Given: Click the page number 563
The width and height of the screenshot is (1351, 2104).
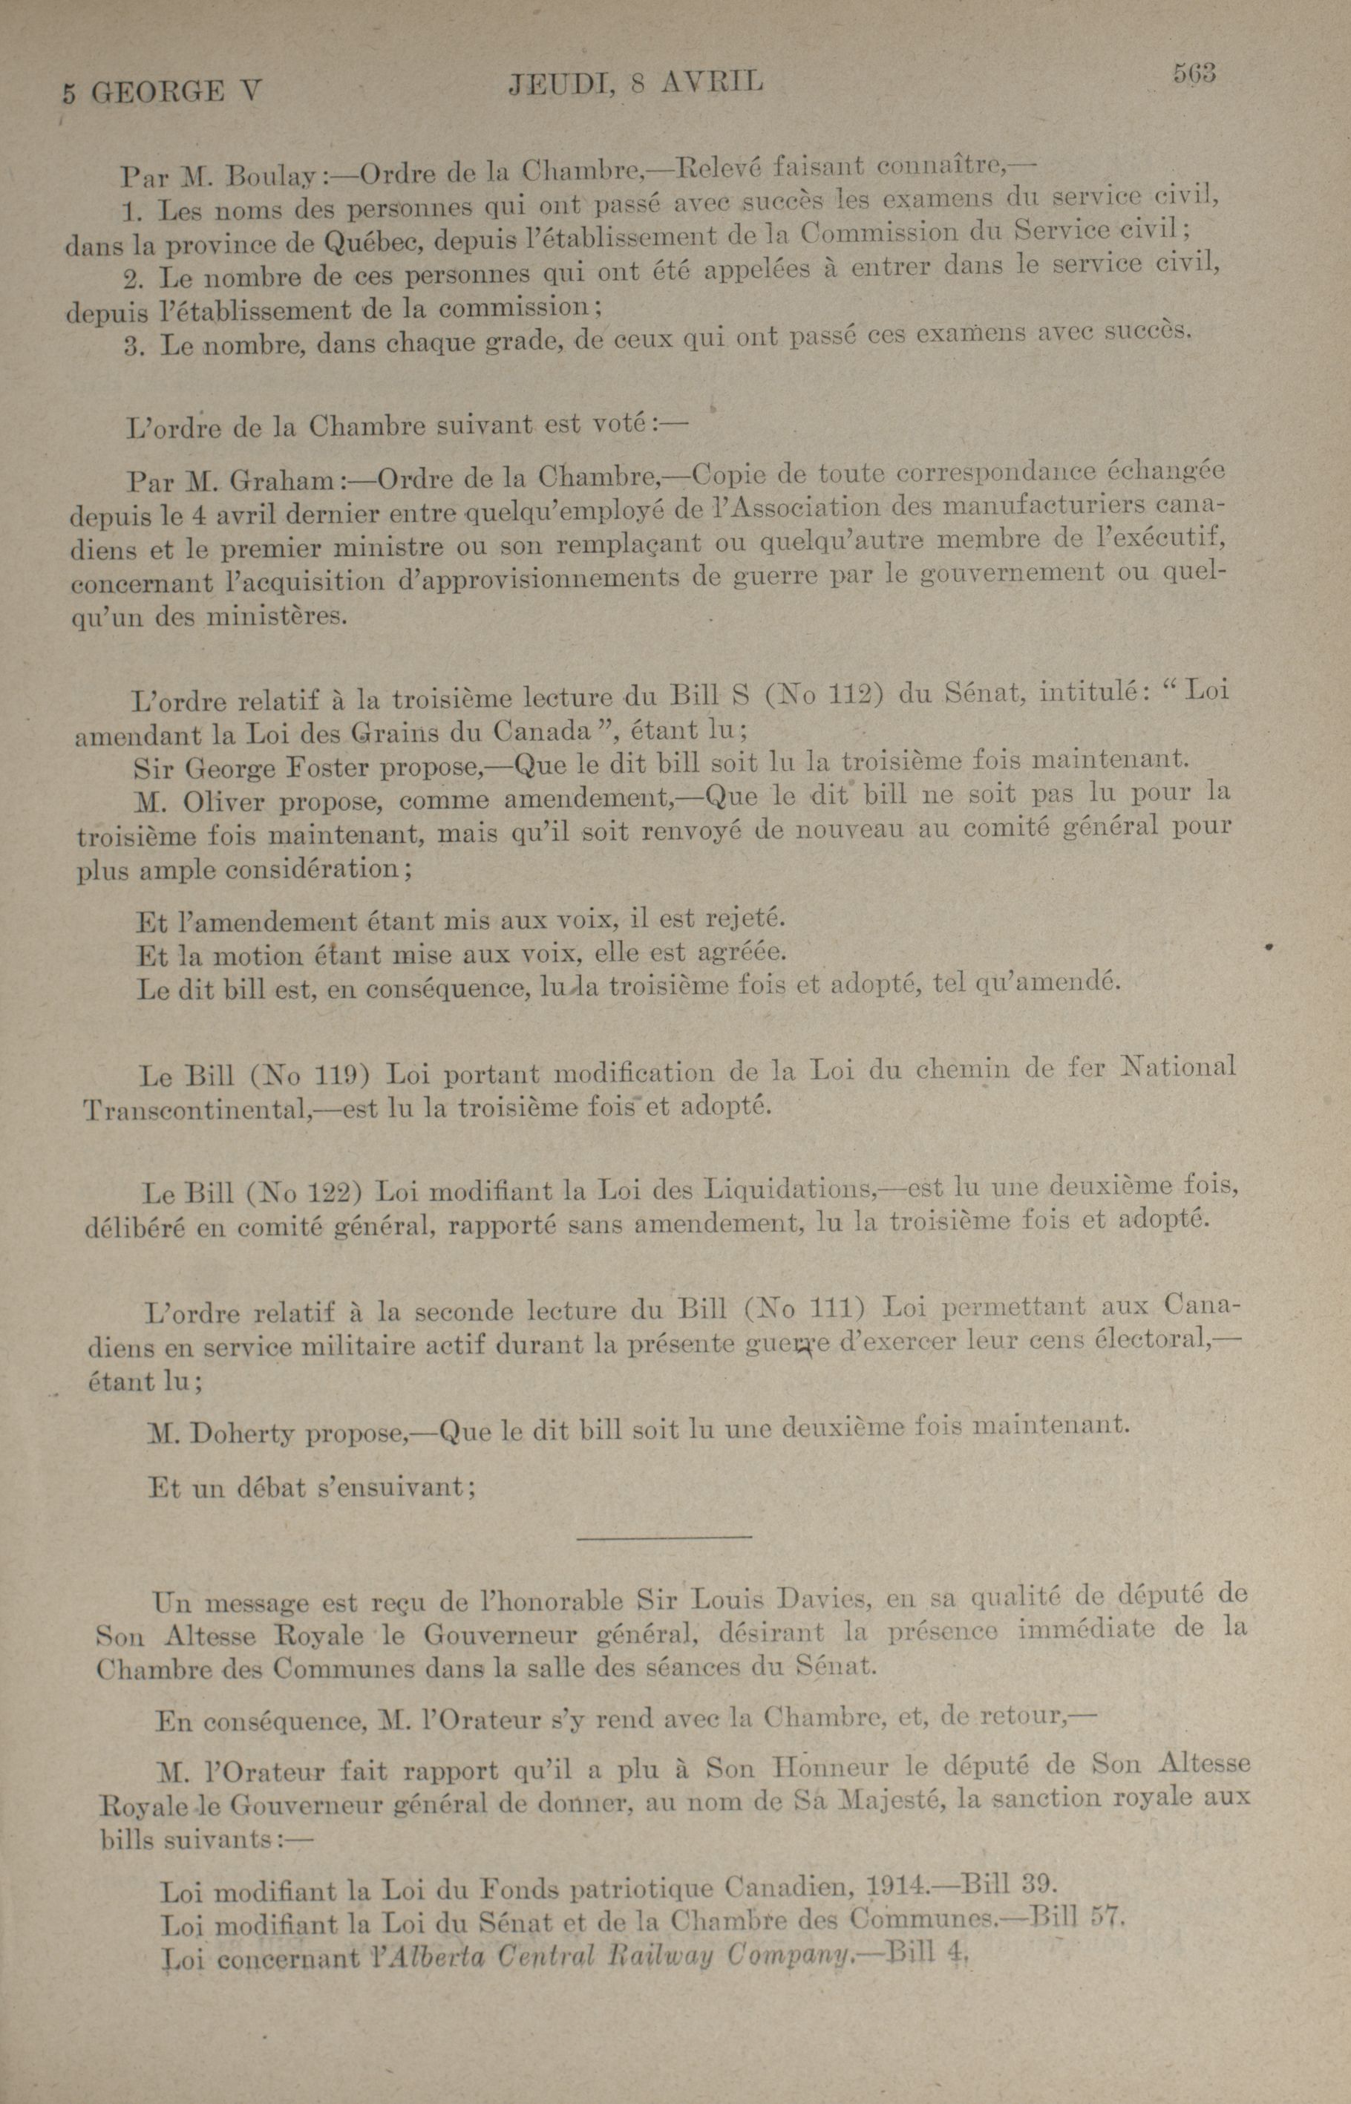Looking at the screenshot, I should [1194, 73].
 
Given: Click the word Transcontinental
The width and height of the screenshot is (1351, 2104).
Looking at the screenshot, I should [192, 1111].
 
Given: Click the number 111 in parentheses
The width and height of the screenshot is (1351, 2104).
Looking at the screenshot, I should [828, 1310].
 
